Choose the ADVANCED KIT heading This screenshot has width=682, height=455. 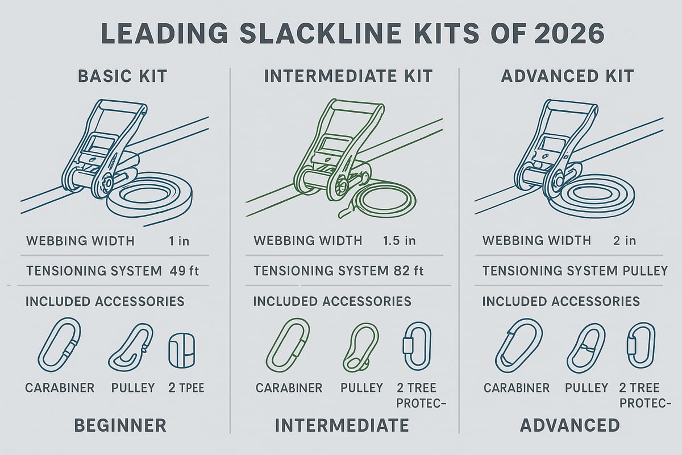567,76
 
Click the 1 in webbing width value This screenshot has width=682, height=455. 179,241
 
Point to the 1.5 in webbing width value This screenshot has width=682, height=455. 400,241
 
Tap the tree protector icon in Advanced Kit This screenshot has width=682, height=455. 639,346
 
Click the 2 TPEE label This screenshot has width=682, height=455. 186,388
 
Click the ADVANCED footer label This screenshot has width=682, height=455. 569,425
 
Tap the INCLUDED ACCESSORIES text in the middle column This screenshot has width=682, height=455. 332,301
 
